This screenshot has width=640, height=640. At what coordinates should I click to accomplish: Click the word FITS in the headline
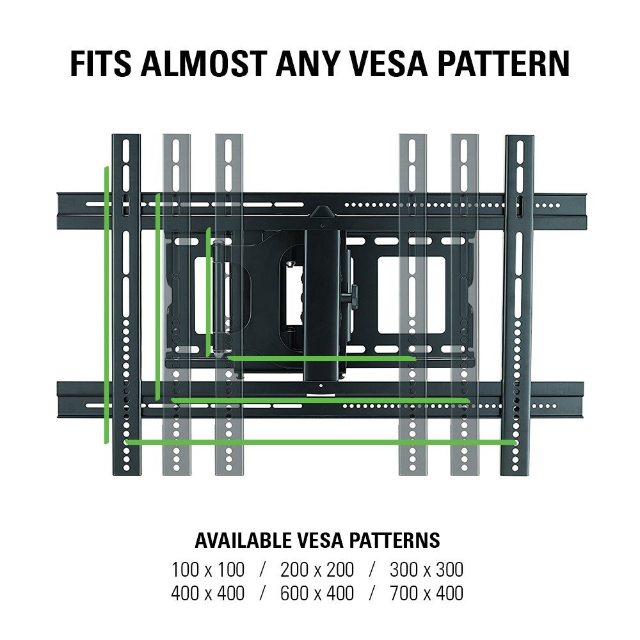coord(101,63)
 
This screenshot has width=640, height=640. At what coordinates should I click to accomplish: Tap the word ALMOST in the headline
coord(204,63)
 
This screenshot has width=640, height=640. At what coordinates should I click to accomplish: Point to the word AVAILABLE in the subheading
coord(243,540)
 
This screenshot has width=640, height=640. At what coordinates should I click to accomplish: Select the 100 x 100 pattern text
coord(208,570)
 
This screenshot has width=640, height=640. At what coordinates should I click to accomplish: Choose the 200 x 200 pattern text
coord(317,570)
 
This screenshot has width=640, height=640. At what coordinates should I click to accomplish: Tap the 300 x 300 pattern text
coord(426,570)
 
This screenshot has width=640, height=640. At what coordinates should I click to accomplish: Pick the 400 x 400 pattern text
coord(208,593)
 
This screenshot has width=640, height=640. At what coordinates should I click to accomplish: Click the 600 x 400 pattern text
coord(317,593)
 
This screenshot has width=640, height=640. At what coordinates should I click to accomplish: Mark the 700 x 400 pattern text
coord(426,593)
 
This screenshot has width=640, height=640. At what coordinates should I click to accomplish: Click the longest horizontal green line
coord(321,442)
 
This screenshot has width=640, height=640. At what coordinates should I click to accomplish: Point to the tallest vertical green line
coord(106,305)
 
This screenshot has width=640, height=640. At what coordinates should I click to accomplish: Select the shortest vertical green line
coord(209,291)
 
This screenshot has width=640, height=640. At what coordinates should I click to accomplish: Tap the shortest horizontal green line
coord(321,358)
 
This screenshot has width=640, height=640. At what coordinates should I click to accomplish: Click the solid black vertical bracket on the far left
coord(126,305)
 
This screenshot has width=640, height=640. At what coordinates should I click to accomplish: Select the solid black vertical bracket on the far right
coord(517,305)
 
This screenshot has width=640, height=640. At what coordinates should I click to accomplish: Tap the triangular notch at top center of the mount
coord(322,211)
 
